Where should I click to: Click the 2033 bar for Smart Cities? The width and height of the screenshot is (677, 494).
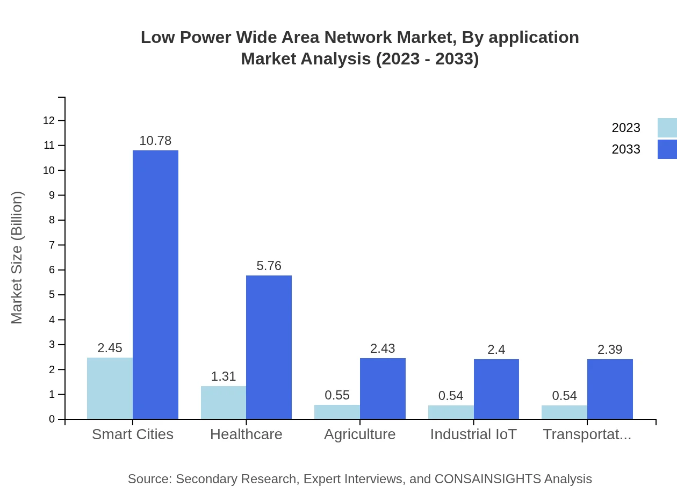click(x=155, y=285)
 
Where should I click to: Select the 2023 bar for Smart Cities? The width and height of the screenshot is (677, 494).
click(x=110, y=388)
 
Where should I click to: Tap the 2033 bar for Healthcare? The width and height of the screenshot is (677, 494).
click(x=269, y=347)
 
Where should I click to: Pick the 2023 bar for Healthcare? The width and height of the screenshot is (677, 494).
click(x=224, y=402)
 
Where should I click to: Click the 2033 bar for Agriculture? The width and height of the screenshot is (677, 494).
click(x=383, y=388)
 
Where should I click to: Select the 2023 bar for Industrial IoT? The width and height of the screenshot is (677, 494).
click(x=451, y=412)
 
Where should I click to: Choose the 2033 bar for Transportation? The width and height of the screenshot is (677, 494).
click(x=610, y=389)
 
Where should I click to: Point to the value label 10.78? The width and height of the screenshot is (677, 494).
click(x=155, y=141)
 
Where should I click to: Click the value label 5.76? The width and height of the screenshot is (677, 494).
click(x=269, y=266)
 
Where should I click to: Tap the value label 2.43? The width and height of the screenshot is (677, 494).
click(x=383, y=348)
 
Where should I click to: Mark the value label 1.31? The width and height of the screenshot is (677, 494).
click(x=224, y=376)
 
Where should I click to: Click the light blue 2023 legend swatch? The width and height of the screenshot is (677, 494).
click(x=667, y=128)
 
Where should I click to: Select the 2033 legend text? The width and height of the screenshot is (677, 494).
click(x=626, y=149)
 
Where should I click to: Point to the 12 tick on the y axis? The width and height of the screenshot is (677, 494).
click(x=49, y=120)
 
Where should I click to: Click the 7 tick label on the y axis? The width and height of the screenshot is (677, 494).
click(x=52, y=245)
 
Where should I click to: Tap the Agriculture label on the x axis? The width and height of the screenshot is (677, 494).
click(x=359, y=434)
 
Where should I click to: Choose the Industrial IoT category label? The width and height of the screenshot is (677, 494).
click(x=473, y=434)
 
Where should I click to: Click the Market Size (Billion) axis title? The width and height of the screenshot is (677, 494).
click(x=17, y=257)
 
